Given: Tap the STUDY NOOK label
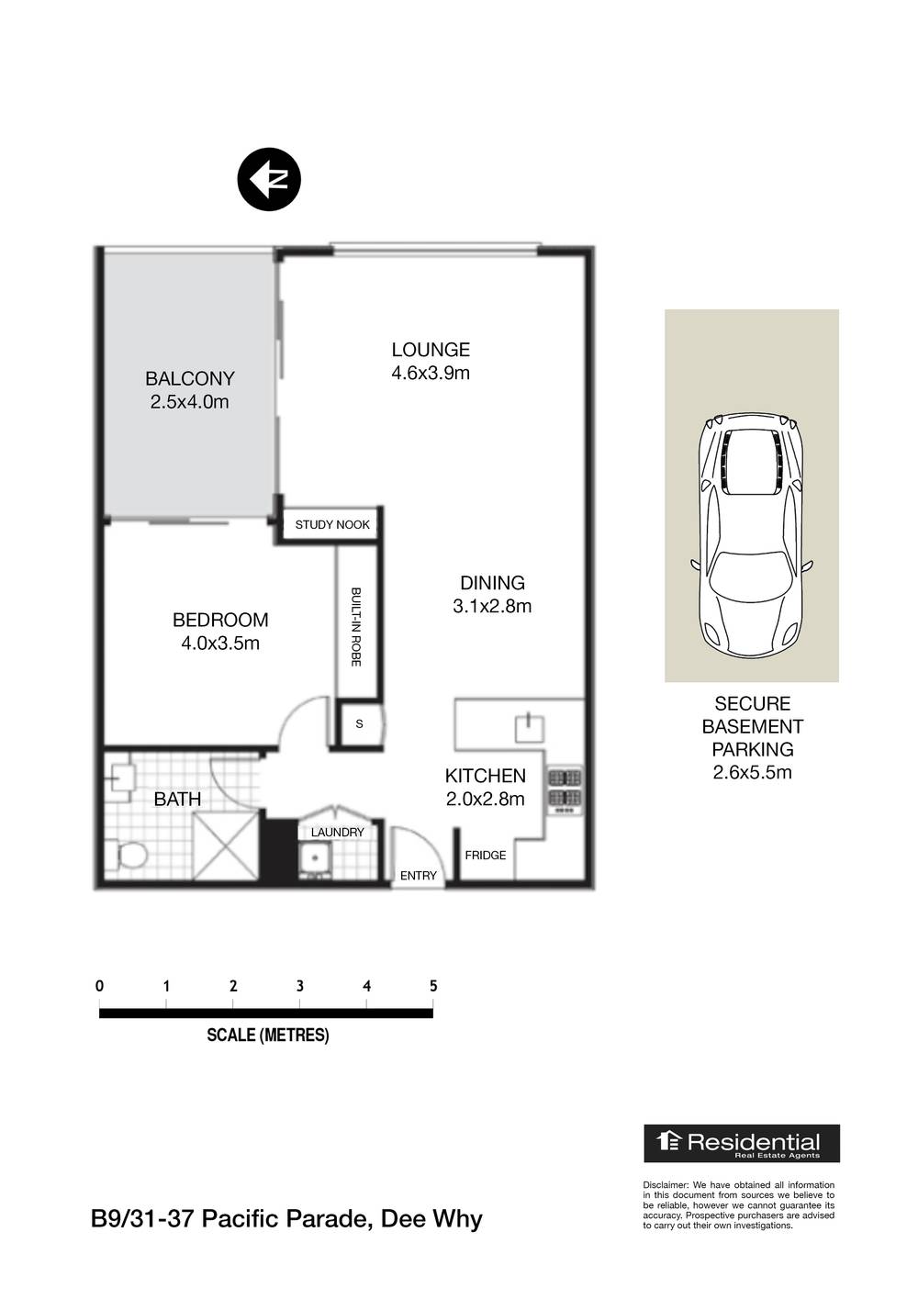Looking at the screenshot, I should [332, 524].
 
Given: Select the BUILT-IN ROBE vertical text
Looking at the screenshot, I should [355, 627].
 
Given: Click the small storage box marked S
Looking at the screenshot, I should [359, 724].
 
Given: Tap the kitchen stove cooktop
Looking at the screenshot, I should [565, 789].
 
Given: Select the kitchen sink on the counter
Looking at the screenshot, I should [530, 728].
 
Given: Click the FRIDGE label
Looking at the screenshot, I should [486, 855].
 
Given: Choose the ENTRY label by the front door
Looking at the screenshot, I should [419, 876].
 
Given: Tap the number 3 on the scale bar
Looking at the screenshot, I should [300, 986].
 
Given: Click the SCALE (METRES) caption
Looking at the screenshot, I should [267, 1035].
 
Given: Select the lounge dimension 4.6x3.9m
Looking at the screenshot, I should [431, 373].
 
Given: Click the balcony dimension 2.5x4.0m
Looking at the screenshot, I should [189, 401].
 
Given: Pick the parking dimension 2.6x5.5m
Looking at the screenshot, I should [752, 772].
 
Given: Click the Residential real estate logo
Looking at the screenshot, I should [741, 1143].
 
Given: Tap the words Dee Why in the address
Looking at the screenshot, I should [431, 1219].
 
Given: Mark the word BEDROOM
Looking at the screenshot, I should [220, 621].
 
